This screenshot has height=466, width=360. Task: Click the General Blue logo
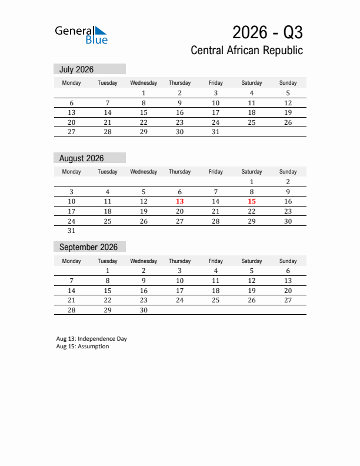click(81, 35)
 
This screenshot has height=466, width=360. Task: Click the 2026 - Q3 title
click(267, 32)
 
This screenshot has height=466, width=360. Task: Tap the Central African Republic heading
click(246, 51)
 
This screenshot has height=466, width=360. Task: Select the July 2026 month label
click(76, 69)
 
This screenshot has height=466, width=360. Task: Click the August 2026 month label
click(81, 158)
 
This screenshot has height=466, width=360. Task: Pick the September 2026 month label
click(88, 247)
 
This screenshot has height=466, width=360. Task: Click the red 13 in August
click(179, 201)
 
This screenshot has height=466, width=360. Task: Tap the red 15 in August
click(252, 201)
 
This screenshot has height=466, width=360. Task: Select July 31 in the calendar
click(215, 132)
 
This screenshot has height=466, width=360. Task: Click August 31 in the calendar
click(71, 231)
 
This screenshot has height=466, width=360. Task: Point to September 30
click(144, 310)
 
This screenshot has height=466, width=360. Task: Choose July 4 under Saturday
click(252, 93)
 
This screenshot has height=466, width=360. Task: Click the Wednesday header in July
click(144, 83)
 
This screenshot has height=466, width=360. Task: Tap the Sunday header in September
click(288, 261)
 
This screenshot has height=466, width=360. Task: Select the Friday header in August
click(215, 172)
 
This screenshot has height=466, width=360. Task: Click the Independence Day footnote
click(92, 339)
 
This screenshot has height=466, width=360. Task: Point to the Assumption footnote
click(83, 347)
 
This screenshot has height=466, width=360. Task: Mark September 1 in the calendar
click(107, 271)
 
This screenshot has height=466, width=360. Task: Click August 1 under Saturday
click(252, 182)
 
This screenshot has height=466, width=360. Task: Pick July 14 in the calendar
click(107, 112)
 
